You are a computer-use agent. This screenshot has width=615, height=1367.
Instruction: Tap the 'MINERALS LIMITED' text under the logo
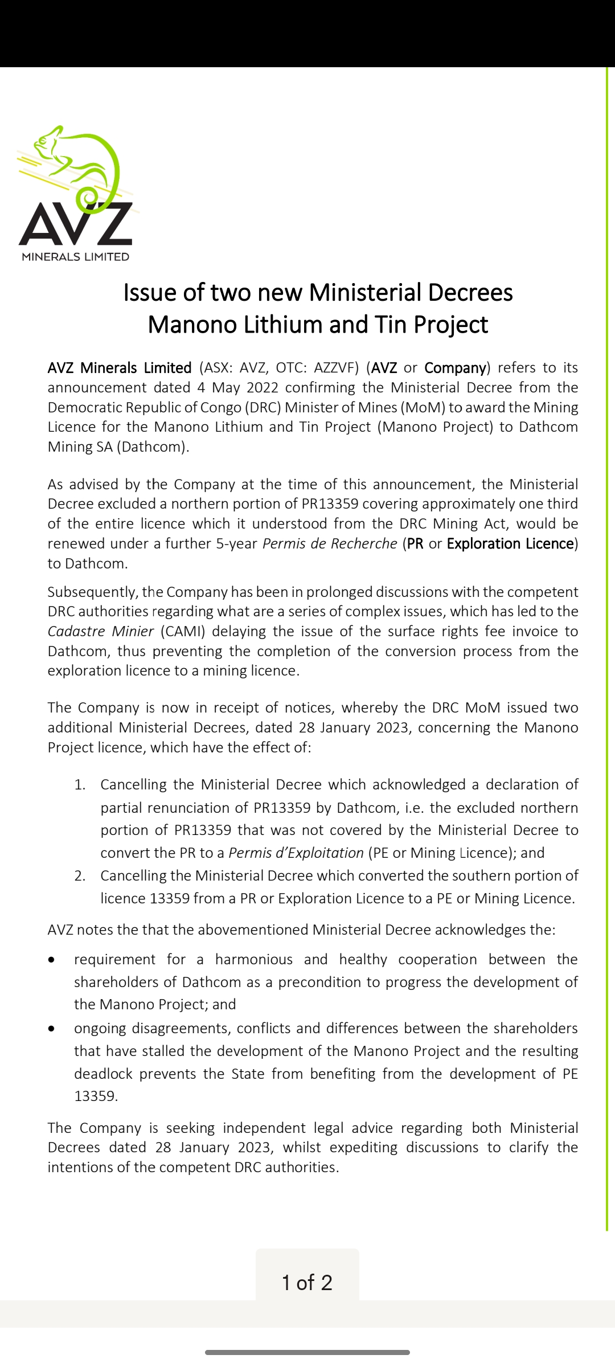[76, 257]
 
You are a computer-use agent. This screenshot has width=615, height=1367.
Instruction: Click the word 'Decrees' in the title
[470, 293]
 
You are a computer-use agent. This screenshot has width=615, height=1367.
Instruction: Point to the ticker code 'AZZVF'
[334, 368]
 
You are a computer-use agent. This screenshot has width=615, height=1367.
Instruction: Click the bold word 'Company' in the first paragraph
[455, 368]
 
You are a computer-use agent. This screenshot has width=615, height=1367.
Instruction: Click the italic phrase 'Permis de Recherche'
[329, 544]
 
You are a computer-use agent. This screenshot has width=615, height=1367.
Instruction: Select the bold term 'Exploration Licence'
[510, 544]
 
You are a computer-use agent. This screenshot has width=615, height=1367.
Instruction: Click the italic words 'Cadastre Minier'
[101, 632]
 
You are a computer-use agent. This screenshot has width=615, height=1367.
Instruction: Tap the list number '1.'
[80, 785]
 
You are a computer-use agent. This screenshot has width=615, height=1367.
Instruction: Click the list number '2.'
[80, 876]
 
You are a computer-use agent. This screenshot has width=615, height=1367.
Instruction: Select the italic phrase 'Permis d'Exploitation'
[296, 853]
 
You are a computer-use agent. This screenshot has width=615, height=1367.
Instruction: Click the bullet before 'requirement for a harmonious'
[52, 960]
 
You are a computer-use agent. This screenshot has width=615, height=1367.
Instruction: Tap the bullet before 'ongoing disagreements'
[52, 1029]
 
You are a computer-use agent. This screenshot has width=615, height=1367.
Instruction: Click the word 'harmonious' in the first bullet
[253, 960]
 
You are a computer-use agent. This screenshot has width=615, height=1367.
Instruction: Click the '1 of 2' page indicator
[307, 1283]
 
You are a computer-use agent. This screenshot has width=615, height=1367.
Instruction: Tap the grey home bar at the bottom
[307, 1352]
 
